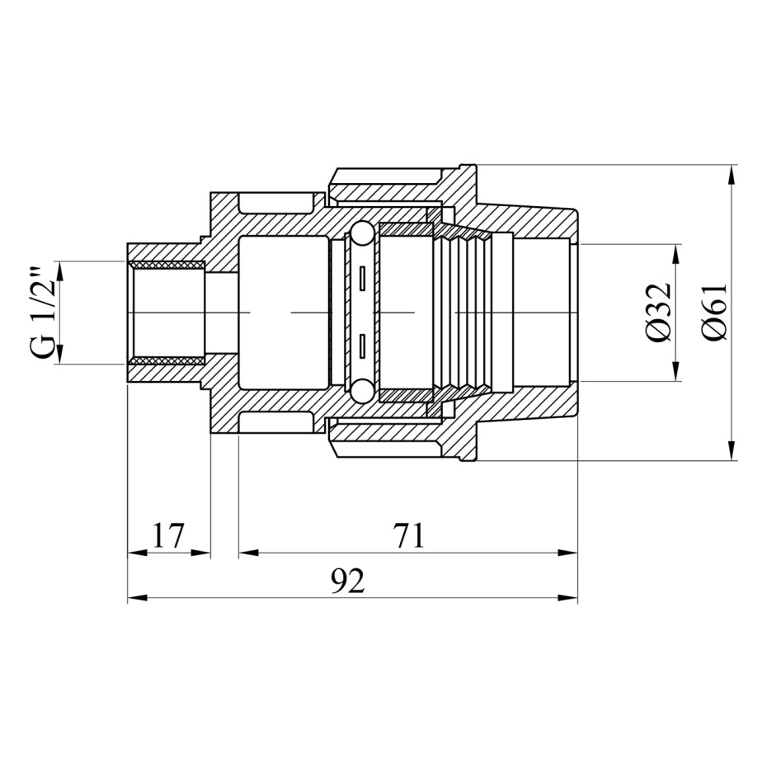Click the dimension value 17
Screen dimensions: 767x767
click(x=167, y=535)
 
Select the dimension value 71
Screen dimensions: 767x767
click(x=408, y=535)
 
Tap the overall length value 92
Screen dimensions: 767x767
click(x=348, y=581)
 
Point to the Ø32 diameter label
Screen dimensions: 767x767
click(x=656, y=312)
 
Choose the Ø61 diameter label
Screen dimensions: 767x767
click(x=715, y=312)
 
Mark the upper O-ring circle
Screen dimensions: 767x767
click(x=362, y=233)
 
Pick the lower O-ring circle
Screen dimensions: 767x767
click(x=362, y=390)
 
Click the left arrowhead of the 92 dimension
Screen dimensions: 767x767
click(x=138, y=598)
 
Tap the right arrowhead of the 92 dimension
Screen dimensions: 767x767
click(x=568, y=598)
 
